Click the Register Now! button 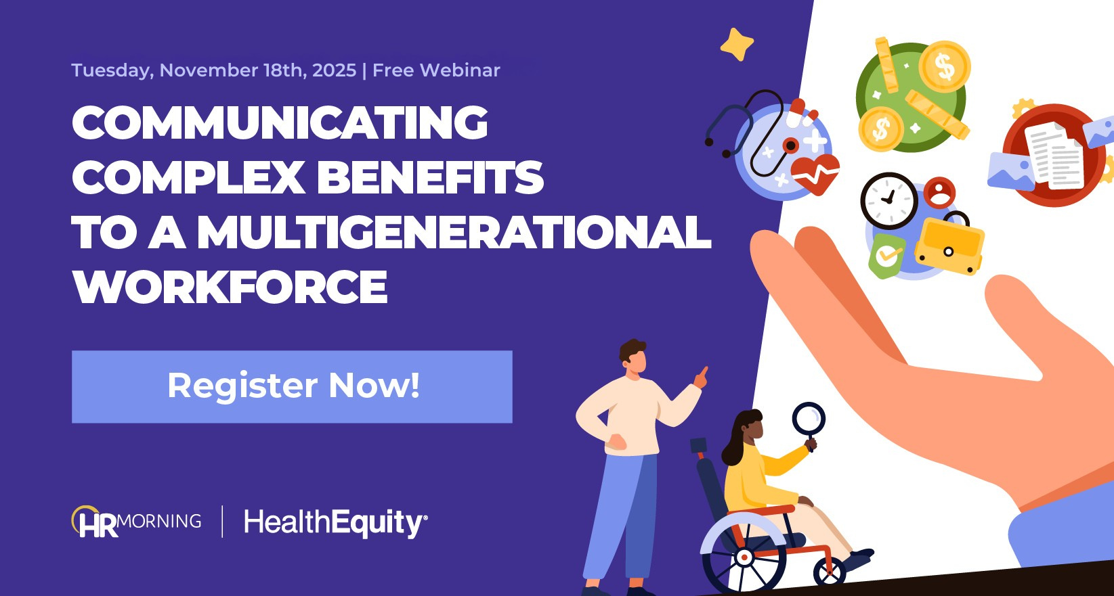point(292,387)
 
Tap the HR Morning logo point(136,522)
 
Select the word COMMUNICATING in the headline point(280,122)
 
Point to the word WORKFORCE point(230,287)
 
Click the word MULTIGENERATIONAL point(454,232)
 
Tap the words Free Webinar point(436,70)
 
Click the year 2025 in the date point(335,70)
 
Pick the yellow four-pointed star point(737,45)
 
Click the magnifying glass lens point(809,418)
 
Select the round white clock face point(889,201)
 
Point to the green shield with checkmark point(886,256)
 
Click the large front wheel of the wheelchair point(744,557)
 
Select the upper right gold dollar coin point(944,66)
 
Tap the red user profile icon point(939,192)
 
